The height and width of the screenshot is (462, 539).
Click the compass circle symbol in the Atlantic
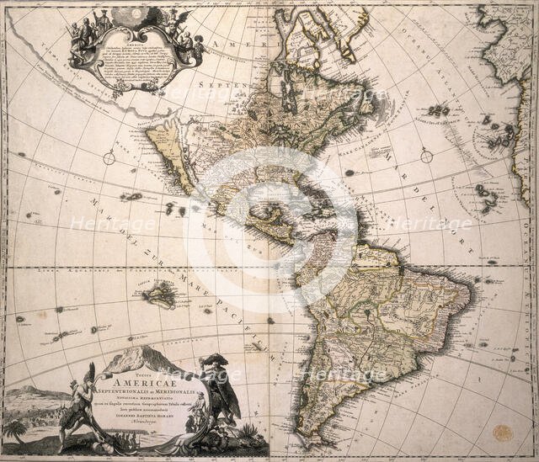[426, 156]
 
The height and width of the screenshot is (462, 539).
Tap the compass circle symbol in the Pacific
[109, 157]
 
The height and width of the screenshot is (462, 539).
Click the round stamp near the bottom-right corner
[503, 433]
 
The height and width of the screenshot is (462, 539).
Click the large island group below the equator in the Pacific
[159, 294]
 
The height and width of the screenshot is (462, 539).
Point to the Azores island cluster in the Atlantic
[438, 110]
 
